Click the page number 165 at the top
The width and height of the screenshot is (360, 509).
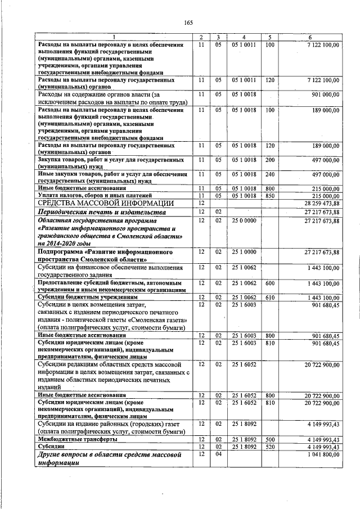188,22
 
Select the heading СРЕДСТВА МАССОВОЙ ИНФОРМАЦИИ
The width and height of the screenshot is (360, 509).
106,203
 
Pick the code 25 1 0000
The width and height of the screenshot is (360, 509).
244,251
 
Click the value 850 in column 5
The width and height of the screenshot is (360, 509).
270,195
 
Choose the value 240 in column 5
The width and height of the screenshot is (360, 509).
270,174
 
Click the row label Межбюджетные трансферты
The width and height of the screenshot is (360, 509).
77,439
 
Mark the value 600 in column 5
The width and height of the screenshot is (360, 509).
270,282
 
